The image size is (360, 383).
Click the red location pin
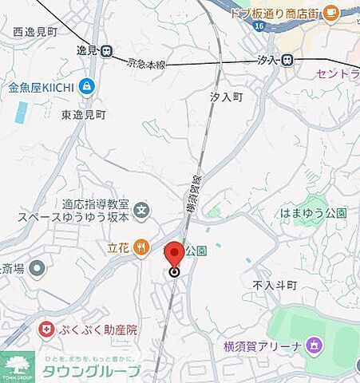pos(176,254)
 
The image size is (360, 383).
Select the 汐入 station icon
pos(287,60)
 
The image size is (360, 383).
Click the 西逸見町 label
pos(36,32)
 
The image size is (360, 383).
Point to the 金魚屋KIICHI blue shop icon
pos(86,86)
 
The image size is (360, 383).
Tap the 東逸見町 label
pos(83,115)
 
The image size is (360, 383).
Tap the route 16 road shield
pos(259,27)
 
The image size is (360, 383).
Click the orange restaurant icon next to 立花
pos(141,247)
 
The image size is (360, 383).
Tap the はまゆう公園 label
pos(314,213)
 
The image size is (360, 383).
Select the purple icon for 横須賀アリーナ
pos(315,345)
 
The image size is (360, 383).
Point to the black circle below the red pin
pos(175,272)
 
